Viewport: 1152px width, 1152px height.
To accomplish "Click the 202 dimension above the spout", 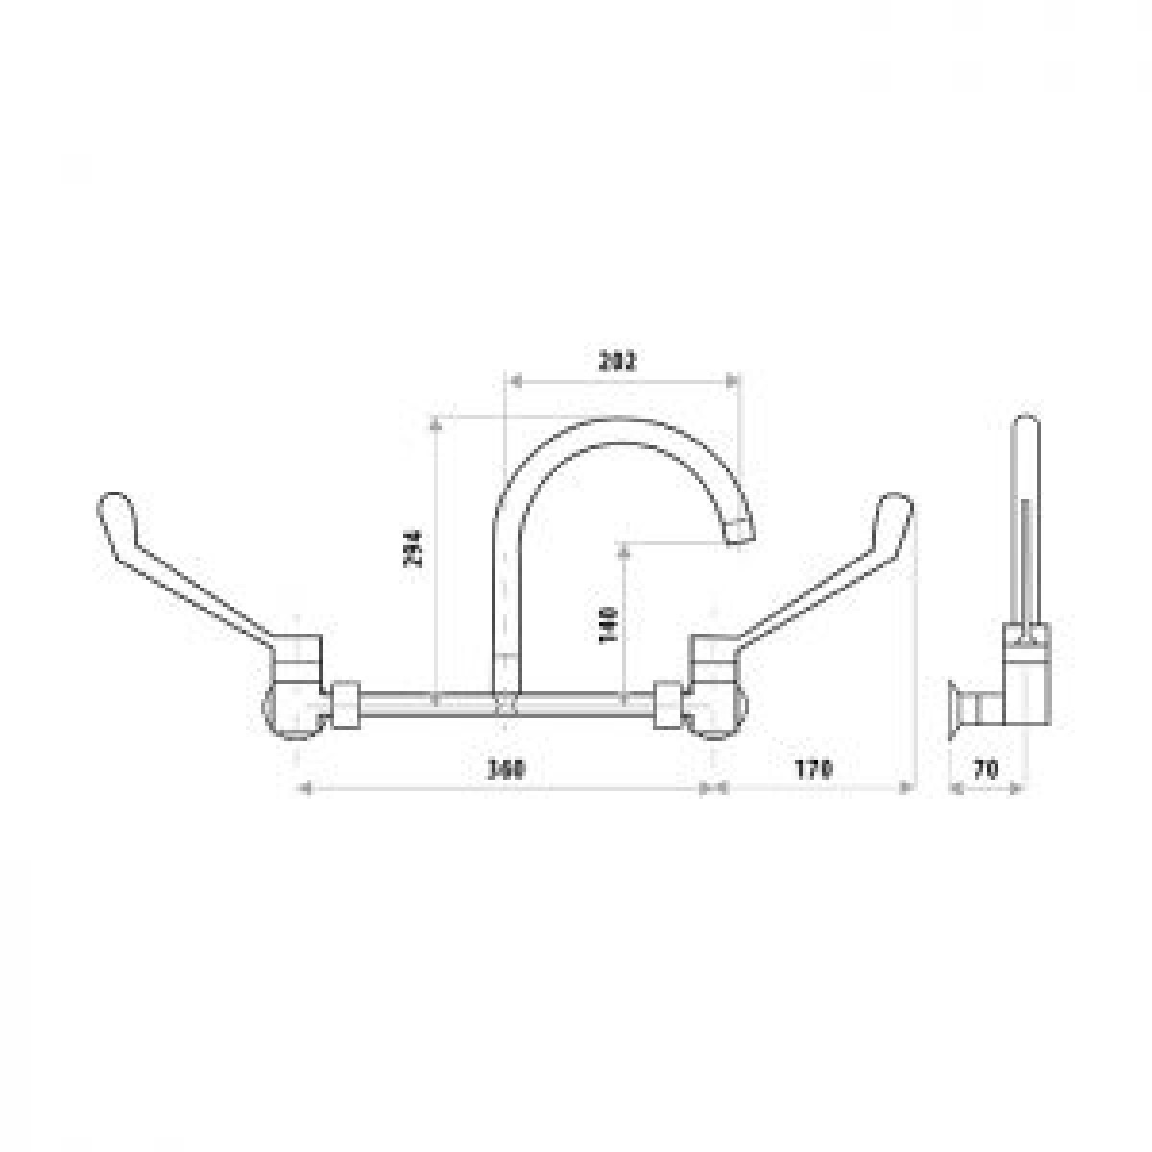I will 618,361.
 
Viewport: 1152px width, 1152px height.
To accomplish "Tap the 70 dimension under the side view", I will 987,769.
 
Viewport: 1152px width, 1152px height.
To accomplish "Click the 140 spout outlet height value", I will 608,624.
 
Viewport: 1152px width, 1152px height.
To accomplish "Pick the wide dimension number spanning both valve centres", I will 508,769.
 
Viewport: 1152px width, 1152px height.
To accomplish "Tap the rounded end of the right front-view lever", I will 896,509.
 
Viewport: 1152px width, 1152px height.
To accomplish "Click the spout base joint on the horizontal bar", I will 507,706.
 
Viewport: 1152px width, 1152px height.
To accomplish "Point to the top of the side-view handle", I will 1025,427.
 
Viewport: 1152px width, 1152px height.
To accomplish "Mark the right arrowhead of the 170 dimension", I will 906,788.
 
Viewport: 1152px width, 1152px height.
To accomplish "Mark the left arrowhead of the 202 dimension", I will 512,381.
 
